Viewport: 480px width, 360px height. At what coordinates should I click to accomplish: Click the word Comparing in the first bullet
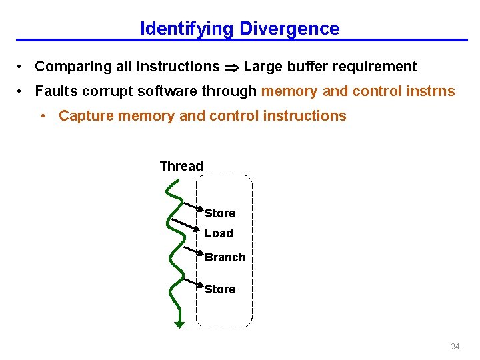tap(67, 67)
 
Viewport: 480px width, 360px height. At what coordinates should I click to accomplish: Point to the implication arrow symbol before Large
tap(231, 67)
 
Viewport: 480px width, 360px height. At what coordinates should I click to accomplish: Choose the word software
tap(159, 91)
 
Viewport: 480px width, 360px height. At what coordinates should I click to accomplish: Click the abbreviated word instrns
tap(433, 91)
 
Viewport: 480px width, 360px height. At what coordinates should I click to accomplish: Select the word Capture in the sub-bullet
tap(84, 116)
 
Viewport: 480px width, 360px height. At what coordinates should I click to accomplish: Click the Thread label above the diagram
tap(181, 166)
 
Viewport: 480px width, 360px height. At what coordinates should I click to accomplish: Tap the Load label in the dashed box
tap(219, 233)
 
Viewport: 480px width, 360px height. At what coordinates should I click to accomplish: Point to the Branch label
tap(225, 257)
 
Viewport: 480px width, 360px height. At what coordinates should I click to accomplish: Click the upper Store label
tap(220, 213)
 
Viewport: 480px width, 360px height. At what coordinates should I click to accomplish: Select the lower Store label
tap(220, 289)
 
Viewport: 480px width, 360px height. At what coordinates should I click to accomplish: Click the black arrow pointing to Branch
tap(193, 251)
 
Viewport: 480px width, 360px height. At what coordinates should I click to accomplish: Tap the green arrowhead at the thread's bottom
tap(179, 325)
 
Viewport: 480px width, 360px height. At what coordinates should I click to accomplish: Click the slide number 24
tap(455, 347)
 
